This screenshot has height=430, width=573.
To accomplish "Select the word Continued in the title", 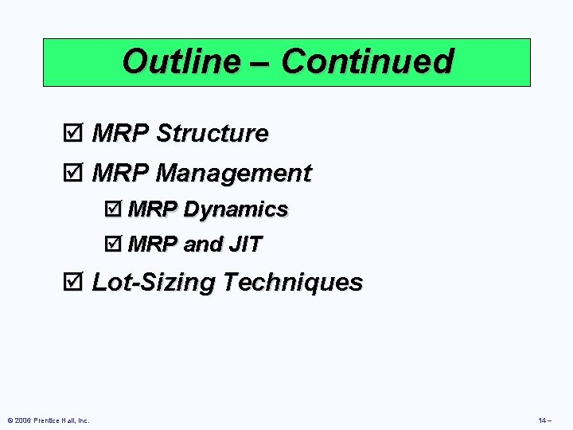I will click(367, 61).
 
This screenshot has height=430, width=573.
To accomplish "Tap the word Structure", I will click(212, 134).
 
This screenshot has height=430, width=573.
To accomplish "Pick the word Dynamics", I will click(235, 209).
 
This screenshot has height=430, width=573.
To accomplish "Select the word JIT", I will click(244, 244).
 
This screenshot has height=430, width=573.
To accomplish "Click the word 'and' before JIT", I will click(202, 244).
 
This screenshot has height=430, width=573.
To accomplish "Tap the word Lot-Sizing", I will click(154, 282).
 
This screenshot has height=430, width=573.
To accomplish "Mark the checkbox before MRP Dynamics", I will click(114, 210).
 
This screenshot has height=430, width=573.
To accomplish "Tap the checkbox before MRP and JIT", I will click(114, 245).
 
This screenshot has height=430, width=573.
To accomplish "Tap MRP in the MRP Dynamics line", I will click(152, 209).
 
